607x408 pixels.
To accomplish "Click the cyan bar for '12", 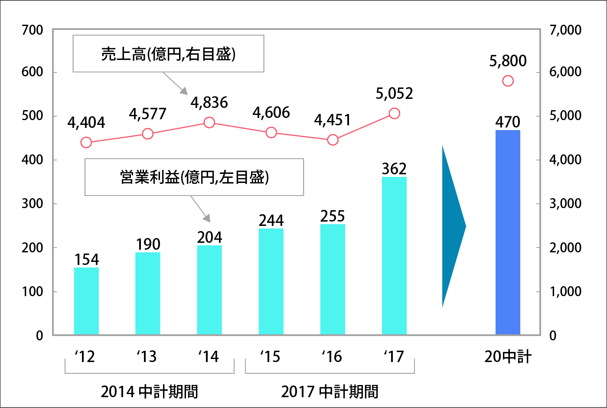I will tap(86, 301).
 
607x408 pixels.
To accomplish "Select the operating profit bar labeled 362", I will tap(394, 256).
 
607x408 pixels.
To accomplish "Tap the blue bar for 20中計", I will tap(508, 232).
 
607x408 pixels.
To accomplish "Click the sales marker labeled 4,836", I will tap(209, 123).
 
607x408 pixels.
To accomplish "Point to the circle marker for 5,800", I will tap(508, 81).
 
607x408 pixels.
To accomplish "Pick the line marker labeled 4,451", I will tap(333, 140).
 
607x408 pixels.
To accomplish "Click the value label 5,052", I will tap(394, 94).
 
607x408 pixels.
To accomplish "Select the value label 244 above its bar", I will tap(271, 221).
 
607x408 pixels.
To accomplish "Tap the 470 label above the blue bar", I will tap(508, 122).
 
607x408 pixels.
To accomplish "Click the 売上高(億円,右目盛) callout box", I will tap(168, 54).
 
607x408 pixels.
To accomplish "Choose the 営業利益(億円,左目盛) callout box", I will tap(194, 177).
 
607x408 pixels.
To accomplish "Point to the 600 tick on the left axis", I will tap(33, 72).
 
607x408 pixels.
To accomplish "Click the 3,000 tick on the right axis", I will tap(565, 203).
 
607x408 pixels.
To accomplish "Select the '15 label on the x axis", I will tap(270, 356).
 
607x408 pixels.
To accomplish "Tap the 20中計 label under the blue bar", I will tap(508, 356).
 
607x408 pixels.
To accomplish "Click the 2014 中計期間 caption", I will tap(149, 392).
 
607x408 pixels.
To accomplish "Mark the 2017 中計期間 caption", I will tap(330, 392).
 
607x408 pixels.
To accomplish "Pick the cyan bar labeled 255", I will tap(333, 279).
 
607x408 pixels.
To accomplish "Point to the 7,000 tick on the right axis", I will tap(565, 30).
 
